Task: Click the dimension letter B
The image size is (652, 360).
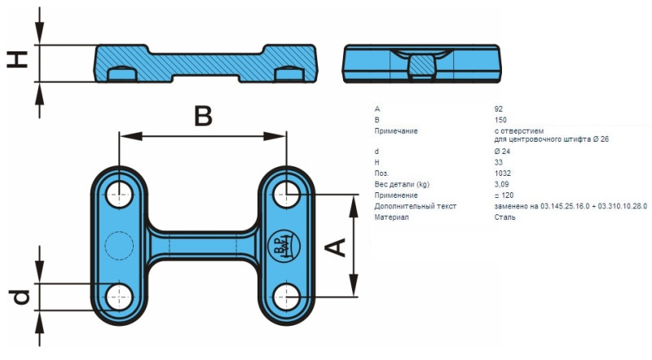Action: [x=203, y=116]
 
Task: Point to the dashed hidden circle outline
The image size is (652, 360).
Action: [x=119, y=244]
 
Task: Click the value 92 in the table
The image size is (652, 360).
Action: [x=499, y=108]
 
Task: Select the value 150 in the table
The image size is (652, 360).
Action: [x=500, y=120]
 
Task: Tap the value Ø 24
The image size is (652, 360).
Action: [x=502, y=151]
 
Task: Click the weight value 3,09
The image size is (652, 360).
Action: [x=501, y=185]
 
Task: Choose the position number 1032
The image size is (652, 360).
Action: [x=502, y=173]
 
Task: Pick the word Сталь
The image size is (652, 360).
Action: [x=505, y=217]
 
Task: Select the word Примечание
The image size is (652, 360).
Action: [x=396, y=130]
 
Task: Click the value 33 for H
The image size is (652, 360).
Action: [x=499, y=163]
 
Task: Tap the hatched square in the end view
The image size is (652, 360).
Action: [x=421, y=64]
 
